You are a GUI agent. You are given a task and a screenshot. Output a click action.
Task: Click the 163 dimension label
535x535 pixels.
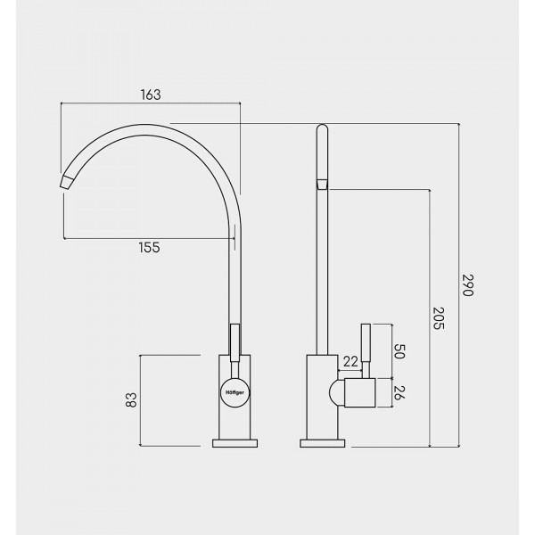tap(151, 95)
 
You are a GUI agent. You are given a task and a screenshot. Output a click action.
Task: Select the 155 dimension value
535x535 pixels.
tap(150, 247)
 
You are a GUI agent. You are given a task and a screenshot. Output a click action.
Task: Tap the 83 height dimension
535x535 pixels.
tap(131, 399)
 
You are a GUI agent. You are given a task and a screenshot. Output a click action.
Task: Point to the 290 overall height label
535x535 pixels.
tap(468, 285)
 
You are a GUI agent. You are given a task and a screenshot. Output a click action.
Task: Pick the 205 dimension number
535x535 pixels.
tap(439, 318)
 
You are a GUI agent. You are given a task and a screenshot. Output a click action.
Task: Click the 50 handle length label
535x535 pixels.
tap(399, 351)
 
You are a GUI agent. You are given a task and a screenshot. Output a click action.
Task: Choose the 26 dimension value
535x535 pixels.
tap(399, 392)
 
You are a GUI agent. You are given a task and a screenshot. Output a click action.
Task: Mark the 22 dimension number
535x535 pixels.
tap(350, 361)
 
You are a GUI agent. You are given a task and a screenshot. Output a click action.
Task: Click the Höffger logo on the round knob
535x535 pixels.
tap(235, 392)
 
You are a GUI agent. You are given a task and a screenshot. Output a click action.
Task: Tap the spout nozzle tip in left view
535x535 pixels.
tap(68, 183)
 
